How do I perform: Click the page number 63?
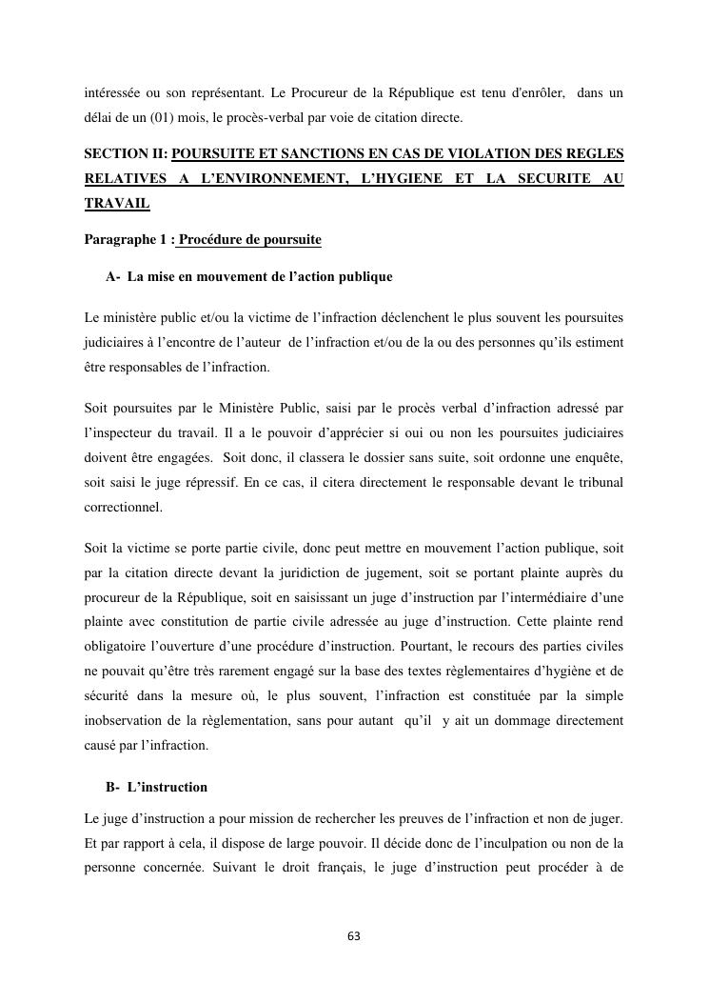click(x=354, y=936)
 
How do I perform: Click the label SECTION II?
click(x=125, y=153)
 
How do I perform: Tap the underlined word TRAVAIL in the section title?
click(x=117, y=204)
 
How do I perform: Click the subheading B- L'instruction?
click(x=157, y=788)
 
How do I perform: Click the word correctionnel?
click(x=123, y=508)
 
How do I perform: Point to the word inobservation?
click(x=126, y=721)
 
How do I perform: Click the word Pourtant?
click(x=433, y=647)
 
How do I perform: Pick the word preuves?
click(x=410, y=818)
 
